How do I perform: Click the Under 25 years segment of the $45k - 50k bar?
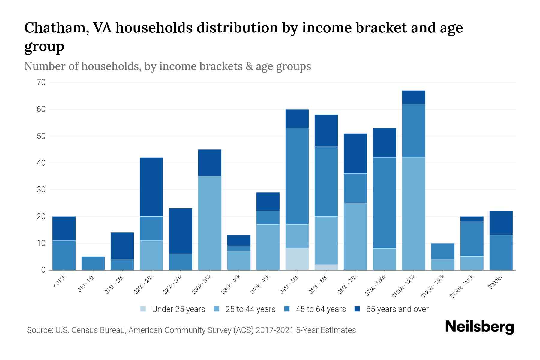point(297,259)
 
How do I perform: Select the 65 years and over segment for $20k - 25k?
point(151,187)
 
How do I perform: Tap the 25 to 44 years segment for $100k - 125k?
point(414,214)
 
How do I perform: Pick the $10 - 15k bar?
point(93,263)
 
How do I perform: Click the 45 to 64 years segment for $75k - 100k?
point(385,203)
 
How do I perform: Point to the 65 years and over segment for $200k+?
point(501,223)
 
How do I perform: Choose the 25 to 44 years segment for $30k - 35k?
point(210,223)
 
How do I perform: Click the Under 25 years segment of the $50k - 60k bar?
point(326,267)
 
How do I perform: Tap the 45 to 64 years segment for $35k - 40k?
point(239,248)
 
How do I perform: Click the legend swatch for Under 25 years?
point(143,309)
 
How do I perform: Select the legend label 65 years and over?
point(397,309)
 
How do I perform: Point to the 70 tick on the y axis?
point(41,82)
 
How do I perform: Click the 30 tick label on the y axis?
point(41,190)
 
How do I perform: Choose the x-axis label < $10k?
point(59,283)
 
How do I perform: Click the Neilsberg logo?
point(480,327)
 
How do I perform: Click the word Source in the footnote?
point(39,330)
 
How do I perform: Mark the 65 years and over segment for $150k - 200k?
point(472,219)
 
